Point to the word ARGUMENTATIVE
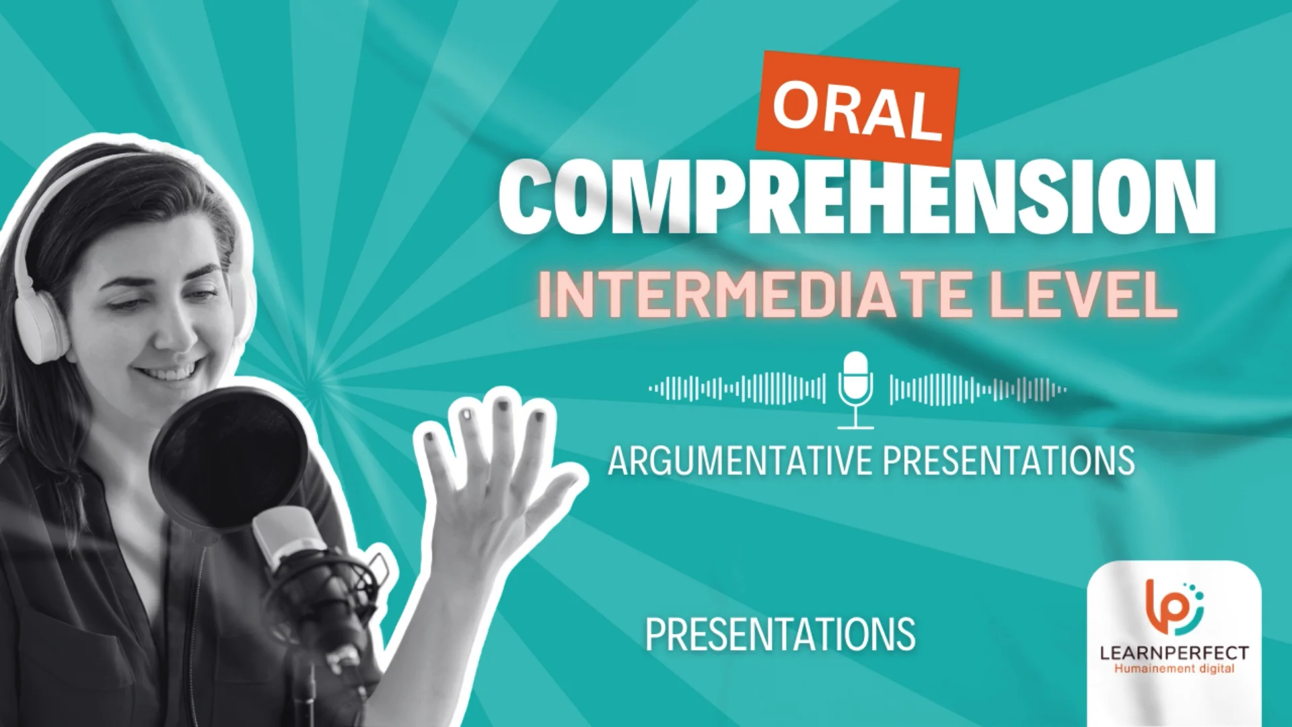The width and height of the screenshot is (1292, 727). point(740,461)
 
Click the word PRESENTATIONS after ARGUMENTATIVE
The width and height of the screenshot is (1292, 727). point(1008,461)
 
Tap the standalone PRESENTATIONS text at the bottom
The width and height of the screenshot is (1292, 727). point(780,634)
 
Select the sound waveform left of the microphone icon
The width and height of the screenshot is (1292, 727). point(737,389)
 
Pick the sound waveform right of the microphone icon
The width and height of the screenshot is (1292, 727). point(977,389)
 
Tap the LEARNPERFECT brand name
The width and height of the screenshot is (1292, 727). point(1174,652)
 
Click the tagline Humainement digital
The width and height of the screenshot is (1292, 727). point(1174,669)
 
